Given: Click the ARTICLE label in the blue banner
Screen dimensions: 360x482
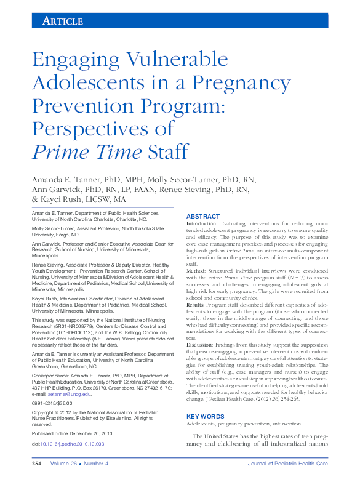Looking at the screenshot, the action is click(x=62, y=21).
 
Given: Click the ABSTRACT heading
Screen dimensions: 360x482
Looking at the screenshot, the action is click(x=202, y=217).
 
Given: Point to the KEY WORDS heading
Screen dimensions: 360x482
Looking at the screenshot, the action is click(x=204, y=416).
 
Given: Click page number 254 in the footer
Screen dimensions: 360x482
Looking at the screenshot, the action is click(x=37, y=464).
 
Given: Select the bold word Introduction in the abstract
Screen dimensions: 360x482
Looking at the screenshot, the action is click(x=202, y=224).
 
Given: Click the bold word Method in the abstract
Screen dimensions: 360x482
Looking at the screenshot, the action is click(x=196, y=270).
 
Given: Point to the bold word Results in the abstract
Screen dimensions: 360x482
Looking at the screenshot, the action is click(x=196, y=303).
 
